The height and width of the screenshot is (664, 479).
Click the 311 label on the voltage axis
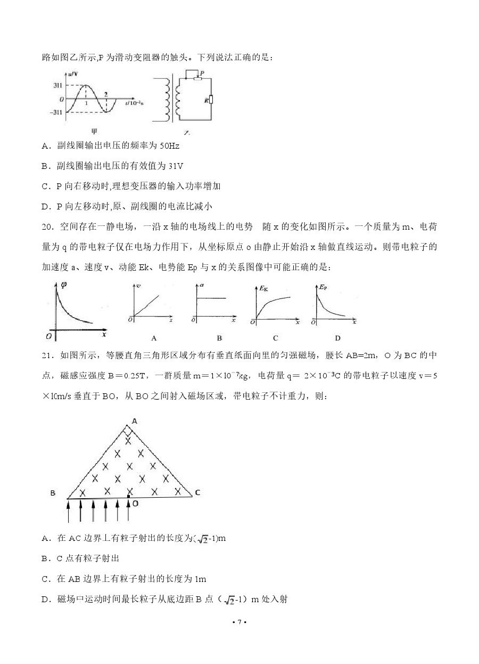pyautogui.click(x=57, y=85)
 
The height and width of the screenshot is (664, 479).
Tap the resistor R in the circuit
pyautogui.click(x=211, y=100)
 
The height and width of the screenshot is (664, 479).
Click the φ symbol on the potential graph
pyautogui.click(x=64, y=284)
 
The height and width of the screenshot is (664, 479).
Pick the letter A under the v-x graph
pyautogui.click(x=154, y=338)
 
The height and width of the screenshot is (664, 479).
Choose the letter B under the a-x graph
pyautogui.click(x=219, y=338)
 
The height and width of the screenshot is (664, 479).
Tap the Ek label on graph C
pyautogui.click(x=263, y=288)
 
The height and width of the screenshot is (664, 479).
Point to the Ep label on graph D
pyautogui.click(x=321, y=287)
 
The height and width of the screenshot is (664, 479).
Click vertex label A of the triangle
pyautogui.click(x=135, y=420)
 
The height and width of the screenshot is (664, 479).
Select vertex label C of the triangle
pyautogui.click(x=197, y=492)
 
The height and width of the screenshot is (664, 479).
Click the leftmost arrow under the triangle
pyautogui.click(x=68, y=511)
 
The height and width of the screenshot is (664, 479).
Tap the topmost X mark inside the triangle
pyautogui.click(x=128, y=440)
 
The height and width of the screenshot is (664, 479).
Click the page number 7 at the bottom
pyautogui.click(x=239, y=622)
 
